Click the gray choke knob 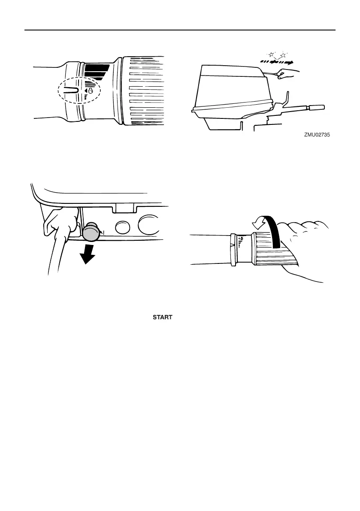pyautogui.click(x=91, y=233)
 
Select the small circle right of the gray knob pyautogui.click(x=123, y=227)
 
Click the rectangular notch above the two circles pyautogui.click(x=124, y=208)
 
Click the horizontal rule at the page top pyautogui.click(x=180, y=30)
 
